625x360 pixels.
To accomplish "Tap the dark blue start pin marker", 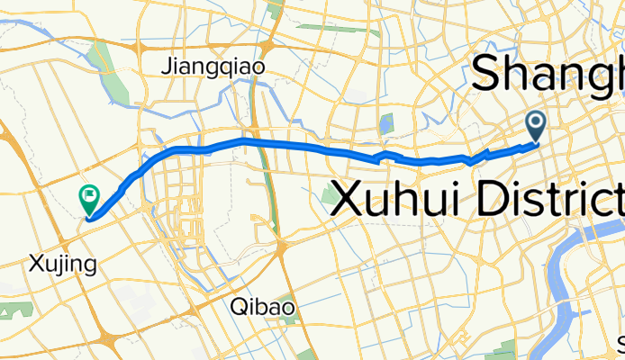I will click(x=536, y=125).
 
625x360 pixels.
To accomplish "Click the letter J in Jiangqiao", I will click(x=167, y=66).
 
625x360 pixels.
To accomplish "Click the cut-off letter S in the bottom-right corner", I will click(x=620, y=345).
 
